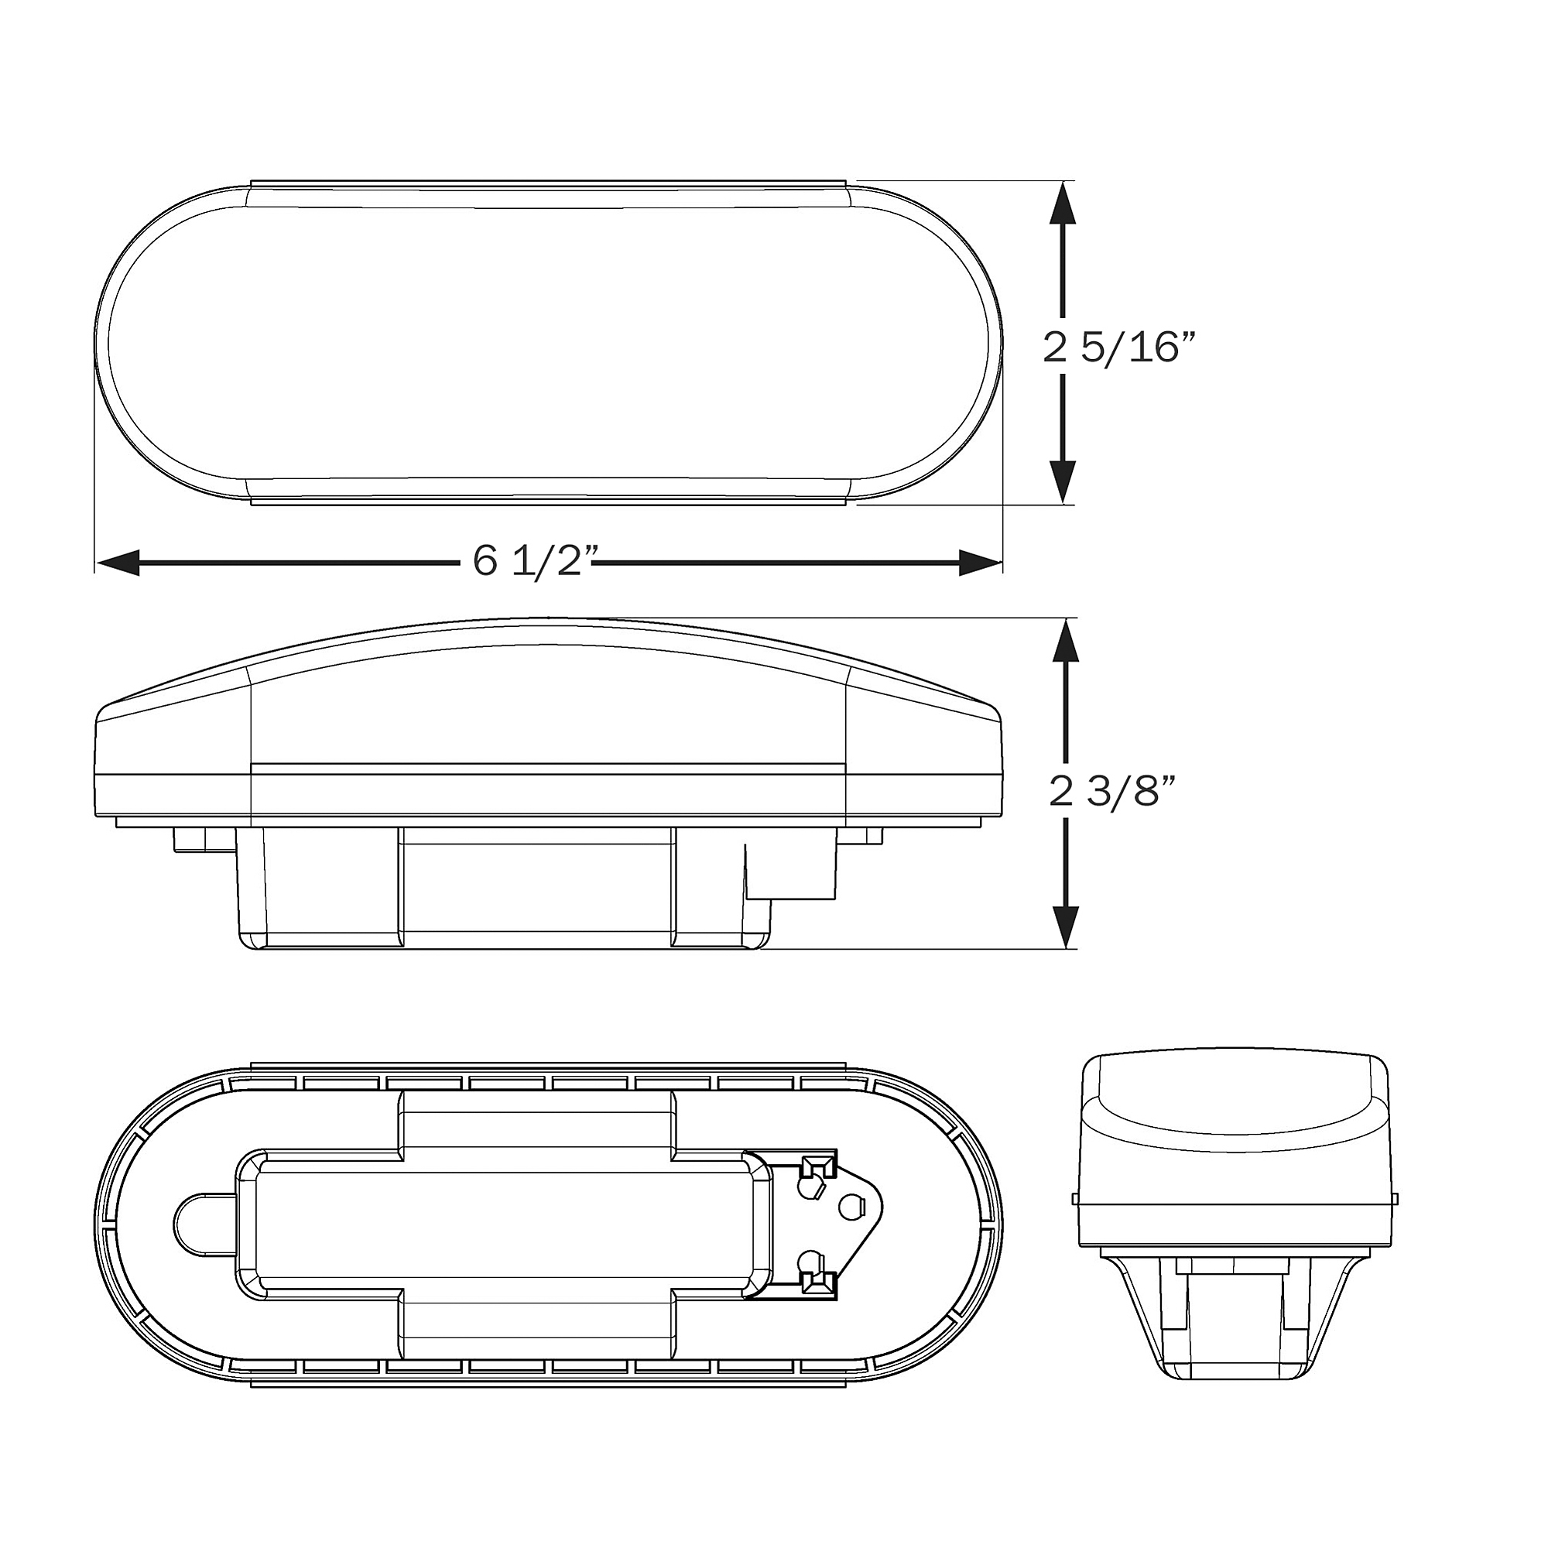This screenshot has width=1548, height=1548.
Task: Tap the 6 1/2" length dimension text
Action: pos(536,560)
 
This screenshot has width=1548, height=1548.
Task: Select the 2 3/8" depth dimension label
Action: pos(1111,792)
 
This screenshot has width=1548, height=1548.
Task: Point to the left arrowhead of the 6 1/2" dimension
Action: pos(118,563)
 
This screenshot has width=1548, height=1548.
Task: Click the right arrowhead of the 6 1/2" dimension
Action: pos(981,563)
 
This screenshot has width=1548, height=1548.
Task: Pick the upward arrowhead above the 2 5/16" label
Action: pos(1063,204)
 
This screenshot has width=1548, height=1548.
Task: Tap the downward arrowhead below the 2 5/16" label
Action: pos(1063,481)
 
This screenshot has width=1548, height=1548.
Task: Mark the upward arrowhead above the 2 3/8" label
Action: pos(1066,640)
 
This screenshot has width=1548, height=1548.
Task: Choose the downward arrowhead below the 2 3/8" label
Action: pos(1066,927)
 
